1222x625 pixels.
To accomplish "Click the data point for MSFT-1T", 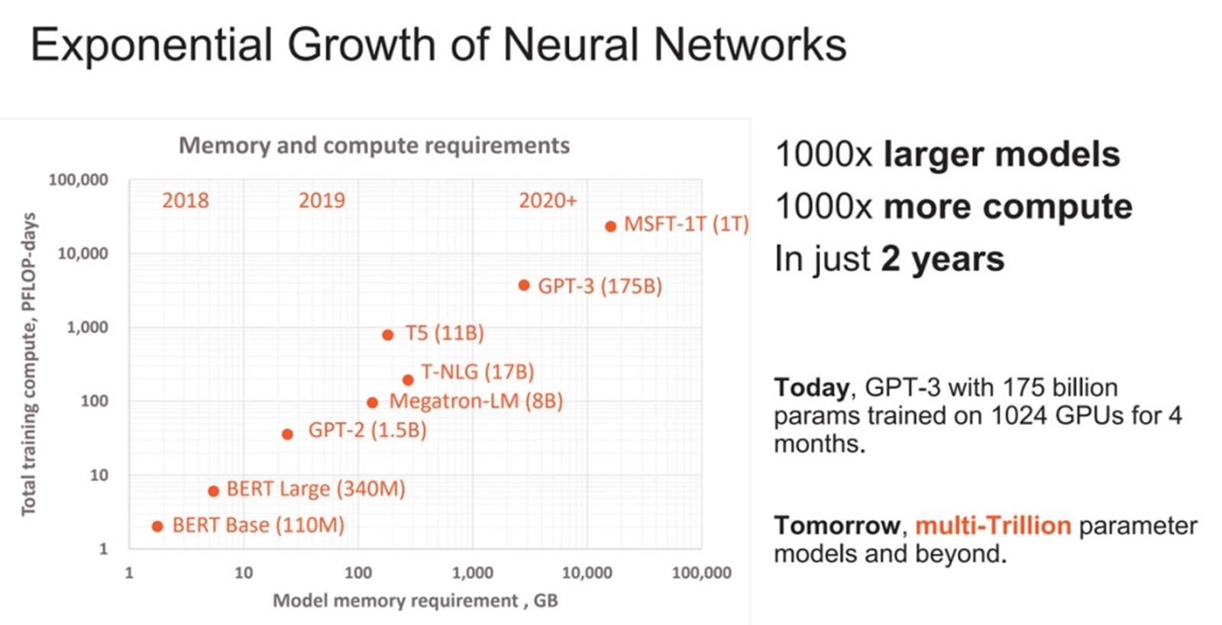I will (610, 226).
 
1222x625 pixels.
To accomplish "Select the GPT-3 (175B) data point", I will (524, 285).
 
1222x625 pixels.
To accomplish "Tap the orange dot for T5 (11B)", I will (388, 334).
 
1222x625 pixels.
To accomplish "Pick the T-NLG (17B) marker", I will (408, 379).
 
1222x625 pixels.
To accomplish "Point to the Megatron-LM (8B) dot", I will (372, 402).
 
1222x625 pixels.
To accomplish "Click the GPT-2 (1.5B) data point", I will (287, 434).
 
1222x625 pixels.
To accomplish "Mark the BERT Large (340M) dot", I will (213, 491).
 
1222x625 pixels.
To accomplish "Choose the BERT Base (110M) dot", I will (157, 526).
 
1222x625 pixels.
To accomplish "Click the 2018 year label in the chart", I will (185, 200).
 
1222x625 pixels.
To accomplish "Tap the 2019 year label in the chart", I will (322, 200).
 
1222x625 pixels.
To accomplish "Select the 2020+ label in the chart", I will (548, 200).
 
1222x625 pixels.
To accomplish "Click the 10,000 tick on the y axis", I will (82, 253).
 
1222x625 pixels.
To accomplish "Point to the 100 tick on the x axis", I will (357, 572).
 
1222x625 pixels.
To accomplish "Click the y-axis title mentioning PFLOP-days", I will (28, 364).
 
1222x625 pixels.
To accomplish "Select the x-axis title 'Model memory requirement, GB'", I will (415, 601).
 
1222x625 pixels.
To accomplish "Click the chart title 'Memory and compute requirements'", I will (374, 145).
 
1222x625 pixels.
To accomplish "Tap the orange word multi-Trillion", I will (993, 525).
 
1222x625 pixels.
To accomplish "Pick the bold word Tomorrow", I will (837, 525).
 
